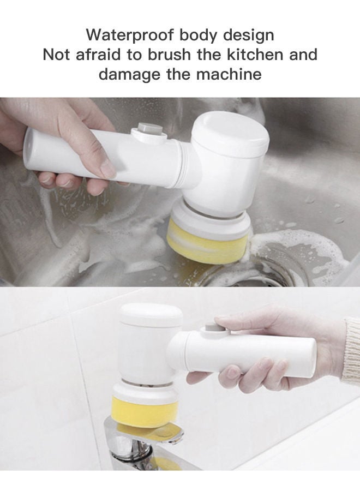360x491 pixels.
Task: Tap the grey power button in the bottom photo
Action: pyautogui.click(x=211, y=329)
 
